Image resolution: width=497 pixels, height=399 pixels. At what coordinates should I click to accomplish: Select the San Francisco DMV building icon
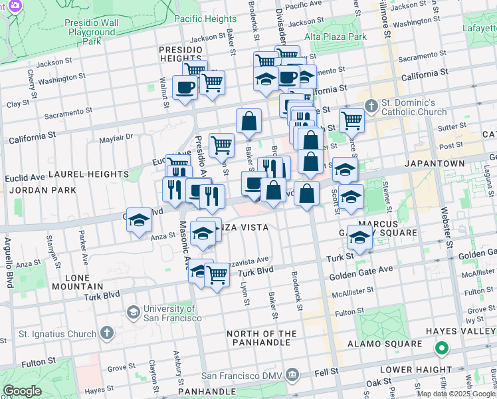click(x=292, y=376)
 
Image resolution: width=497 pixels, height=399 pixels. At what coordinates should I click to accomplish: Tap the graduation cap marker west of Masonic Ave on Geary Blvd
click(x=139, y=220)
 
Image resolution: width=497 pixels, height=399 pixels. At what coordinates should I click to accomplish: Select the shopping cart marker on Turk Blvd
click(x=217, y=275)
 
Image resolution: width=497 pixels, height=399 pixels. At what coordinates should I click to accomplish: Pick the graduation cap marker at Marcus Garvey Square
click(x=359, y=237)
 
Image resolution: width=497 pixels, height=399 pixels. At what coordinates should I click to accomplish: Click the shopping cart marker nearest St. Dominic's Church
click(x=351, y=120)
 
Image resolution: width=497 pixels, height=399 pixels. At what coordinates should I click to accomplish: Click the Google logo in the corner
click(x=22, y=390)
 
